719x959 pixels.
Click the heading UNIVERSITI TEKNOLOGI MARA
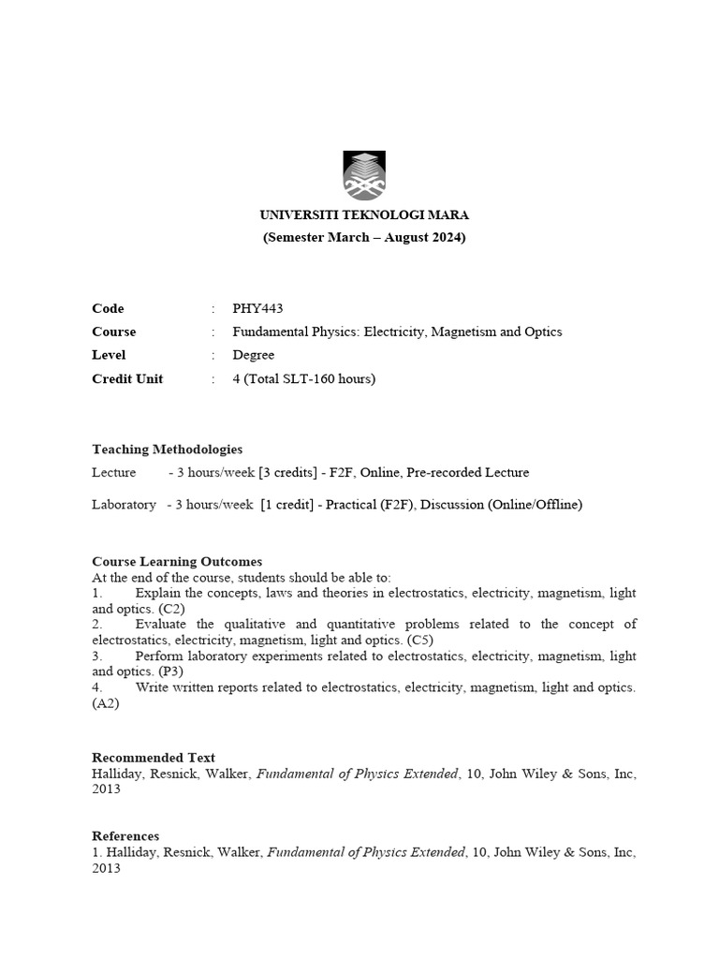click(363, 214)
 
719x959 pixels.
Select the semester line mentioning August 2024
click(363, 238)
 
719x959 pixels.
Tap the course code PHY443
click(257, 309)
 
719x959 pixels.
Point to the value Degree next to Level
click(254, 355)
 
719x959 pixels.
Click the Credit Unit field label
click(127, 378)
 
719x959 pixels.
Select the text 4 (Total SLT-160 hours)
click(303, 378)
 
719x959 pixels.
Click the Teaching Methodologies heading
click(167, 450)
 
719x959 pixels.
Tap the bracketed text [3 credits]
click(287, 472)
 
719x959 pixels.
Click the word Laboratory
click(124, 505)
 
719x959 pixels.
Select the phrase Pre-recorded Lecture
click(470, 472)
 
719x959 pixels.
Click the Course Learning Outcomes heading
click(177, 561)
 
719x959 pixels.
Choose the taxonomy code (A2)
click(106, 703)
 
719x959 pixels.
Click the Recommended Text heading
click(154, 758)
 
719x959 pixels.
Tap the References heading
click(125, 835)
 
